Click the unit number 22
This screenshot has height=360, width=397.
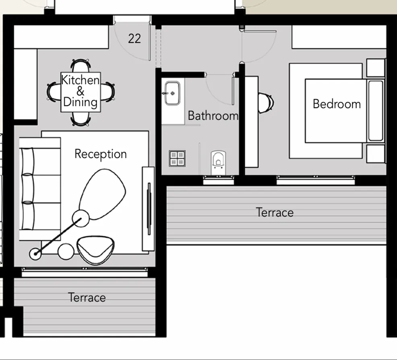click(x=134, y=39)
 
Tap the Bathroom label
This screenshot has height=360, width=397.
click(x=213, y=116)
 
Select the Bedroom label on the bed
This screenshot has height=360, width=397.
click(x=337, y=104)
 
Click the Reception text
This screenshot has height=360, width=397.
click(x=101, y=154)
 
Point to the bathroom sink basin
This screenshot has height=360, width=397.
click(x=173, y=93)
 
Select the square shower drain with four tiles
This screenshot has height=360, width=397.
click(x=177, y=158)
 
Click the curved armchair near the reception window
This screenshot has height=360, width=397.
click(x=96, y=250)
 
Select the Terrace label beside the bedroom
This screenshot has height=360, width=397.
click(x=275, y=212)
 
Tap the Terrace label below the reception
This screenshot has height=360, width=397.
click(x=87, y=298)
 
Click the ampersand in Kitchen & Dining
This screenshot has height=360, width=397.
click(x=81, y=91)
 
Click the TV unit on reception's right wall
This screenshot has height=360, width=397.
click(x=148, y=209)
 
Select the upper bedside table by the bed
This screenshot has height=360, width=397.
click(x=376, y=68)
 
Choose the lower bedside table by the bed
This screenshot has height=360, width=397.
click(x=376, y=154)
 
